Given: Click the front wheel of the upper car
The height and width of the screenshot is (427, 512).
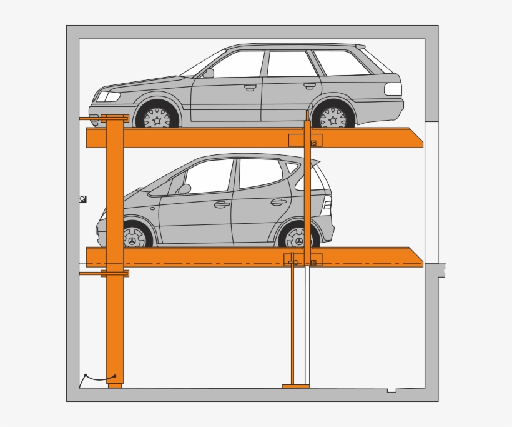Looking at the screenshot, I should coord(157,117).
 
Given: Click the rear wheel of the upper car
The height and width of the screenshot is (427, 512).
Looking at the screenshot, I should coord(333,117).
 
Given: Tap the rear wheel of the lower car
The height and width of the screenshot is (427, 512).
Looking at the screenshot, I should coord(298,238).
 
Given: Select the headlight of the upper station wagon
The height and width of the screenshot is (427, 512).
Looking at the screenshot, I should coord(107,96).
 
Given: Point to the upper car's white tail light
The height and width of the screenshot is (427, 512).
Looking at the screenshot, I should coord(393,89).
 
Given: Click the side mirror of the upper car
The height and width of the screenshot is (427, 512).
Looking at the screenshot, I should coord(208,73).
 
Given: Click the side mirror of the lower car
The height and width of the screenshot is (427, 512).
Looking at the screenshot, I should coord(184,189).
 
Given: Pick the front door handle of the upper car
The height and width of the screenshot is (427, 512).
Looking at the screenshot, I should coord(250,87).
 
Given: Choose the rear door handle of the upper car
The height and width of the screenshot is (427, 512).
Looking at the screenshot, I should coord(310,85).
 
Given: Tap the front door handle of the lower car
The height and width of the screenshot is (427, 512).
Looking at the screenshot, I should coord(222,204).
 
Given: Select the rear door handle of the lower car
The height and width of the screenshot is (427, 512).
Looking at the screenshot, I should coord(278,202).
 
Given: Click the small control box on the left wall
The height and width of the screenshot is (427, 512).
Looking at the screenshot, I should coord(82,199).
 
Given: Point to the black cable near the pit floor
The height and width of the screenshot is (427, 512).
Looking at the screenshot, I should coord(100,379).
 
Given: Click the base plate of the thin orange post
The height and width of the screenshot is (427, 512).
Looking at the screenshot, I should coord(295,386).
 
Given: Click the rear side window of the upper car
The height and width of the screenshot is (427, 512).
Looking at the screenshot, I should coord(340,63).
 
